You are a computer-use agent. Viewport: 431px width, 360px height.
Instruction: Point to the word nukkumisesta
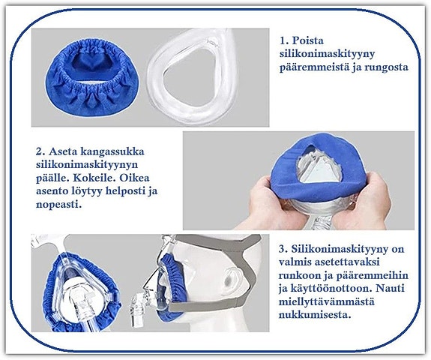coord(316,314)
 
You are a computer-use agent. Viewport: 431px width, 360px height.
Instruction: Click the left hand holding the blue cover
coord(262,202)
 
